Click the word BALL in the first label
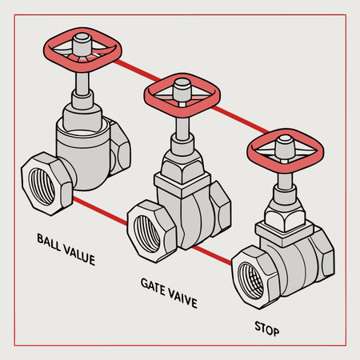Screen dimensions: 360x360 (50, 239)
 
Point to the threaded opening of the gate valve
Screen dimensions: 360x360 (148, 226)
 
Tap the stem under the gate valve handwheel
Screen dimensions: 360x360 (182, 124)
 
